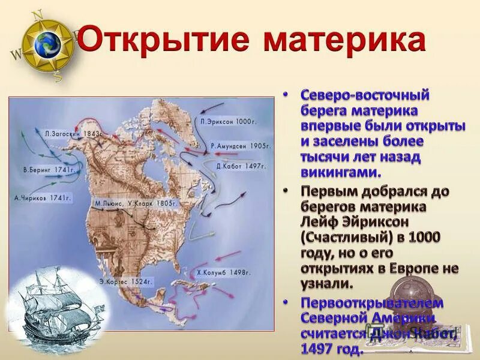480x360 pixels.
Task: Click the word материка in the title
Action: (x=344, y=41)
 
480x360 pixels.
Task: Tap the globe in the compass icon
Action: (x=47, y=44)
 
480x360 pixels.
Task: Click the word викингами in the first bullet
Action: (x=340, y=172)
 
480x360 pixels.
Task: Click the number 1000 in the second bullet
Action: (x=425, y=237)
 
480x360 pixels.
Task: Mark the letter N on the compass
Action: (x=37, y=14)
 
